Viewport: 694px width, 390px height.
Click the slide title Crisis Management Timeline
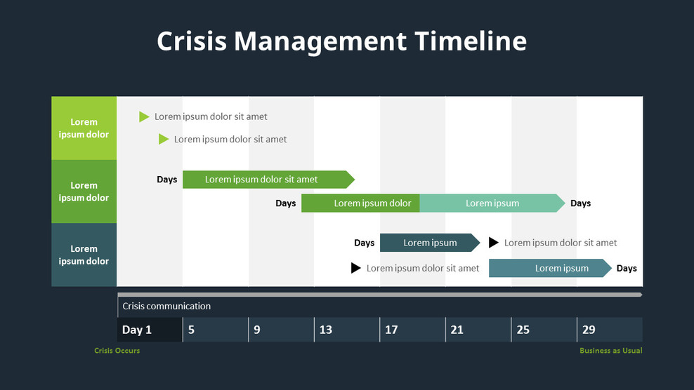click(341, 41)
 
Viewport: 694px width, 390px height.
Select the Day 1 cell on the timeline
click(137, 330)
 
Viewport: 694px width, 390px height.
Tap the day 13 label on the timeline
click(326, 330)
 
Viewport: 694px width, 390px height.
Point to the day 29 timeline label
click(589, 330)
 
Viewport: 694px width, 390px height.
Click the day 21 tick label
click(457, 330)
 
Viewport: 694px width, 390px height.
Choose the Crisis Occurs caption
click(117, 351)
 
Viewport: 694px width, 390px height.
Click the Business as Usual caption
click(610, 351)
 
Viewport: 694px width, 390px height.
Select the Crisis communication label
click(166, 306)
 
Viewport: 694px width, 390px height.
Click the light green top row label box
click(84, 128)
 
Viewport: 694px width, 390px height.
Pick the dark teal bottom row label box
click(84, 255)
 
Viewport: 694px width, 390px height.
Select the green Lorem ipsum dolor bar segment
click(361, 203)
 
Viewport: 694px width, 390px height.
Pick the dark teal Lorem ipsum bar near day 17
click(429, 243)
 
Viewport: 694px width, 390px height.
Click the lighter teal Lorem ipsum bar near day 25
click(549, 268)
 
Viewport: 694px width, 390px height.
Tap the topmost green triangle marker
click(144, 116)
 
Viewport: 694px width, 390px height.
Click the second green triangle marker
click(164, 139)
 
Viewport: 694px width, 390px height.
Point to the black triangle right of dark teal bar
click(494, 243)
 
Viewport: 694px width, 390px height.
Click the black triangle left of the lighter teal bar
click(356, 268)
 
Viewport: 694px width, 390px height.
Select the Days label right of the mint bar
click(580, 203)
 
